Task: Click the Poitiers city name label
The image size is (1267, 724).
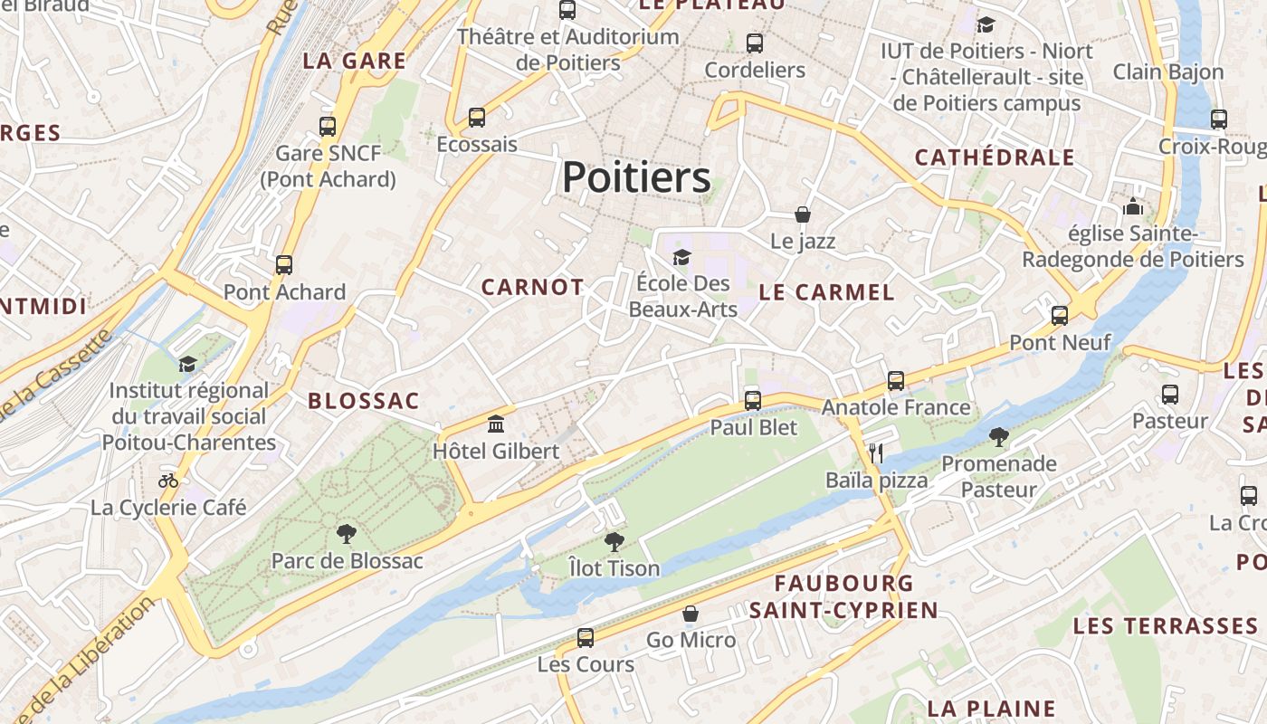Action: pos(636,177)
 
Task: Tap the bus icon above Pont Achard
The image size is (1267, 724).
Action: pos(284,265)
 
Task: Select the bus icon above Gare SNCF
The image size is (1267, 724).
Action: pos(328,127)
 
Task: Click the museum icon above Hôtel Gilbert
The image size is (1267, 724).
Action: pos(496,424)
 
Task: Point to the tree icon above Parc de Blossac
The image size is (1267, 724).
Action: pos(346,533)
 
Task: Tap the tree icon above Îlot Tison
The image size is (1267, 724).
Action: pos(614,542)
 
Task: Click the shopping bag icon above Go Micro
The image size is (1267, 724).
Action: pos(691,614)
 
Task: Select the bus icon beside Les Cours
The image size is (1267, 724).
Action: pos(586,638)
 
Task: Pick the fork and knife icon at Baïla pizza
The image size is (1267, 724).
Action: pos(875,452)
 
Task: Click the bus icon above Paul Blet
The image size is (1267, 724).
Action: pos(753,400)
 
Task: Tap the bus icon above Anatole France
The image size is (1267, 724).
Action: pos(896,381)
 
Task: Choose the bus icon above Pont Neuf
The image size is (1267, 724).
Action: pos(1059,316)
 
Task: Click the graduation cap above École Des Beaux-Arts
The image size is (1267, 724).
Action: pos(681,258)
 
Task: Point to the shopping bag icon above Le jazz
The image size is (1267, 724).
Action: pos(802,214)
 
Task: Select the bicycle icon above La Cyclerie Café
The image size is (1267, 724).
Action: pos(168,481)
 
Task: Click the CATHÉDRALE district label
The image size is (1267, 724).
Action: pos(995,157)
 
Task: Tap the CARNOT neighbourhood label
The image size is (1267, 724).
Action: pos(532,288)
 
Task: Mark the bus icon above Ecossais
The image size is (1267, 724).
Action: pos(477,118)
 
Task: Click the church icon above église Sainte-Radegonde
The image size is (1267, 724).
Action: pos(1132,206)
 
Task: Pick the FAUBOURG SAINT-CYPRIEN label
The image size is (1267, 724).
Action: pos(843,596)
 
